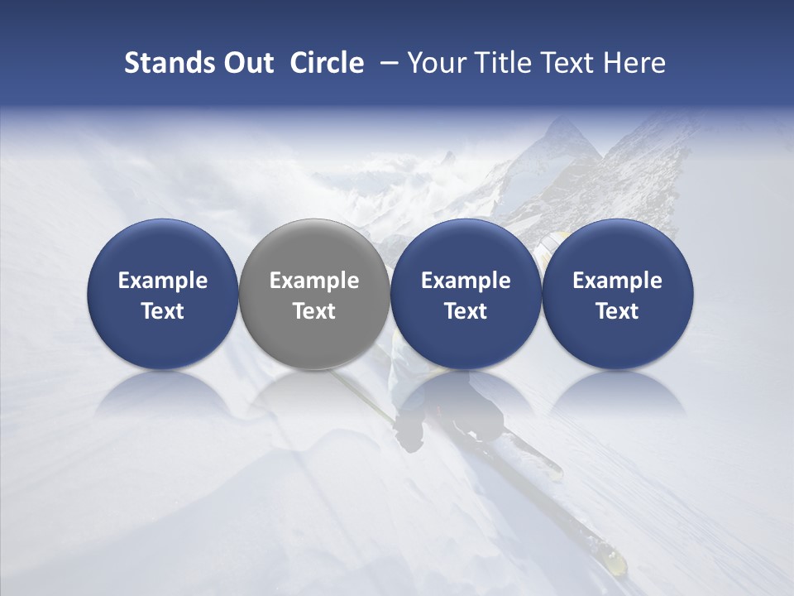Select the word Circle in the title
tap(327, 64)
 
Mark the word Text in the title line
tap(568, 64)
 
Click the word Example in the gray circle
tap(314, 281)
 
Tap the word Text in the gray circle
tap(314, 311)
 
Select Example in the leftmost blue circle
tap(163, 281)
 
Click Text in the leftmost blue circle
tap(163, 311)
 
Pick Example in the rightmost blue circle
tap(617, 281)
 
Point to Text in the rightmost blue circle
tap(617, 311)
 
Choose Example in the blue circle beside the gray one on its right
tap(466, 281)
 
